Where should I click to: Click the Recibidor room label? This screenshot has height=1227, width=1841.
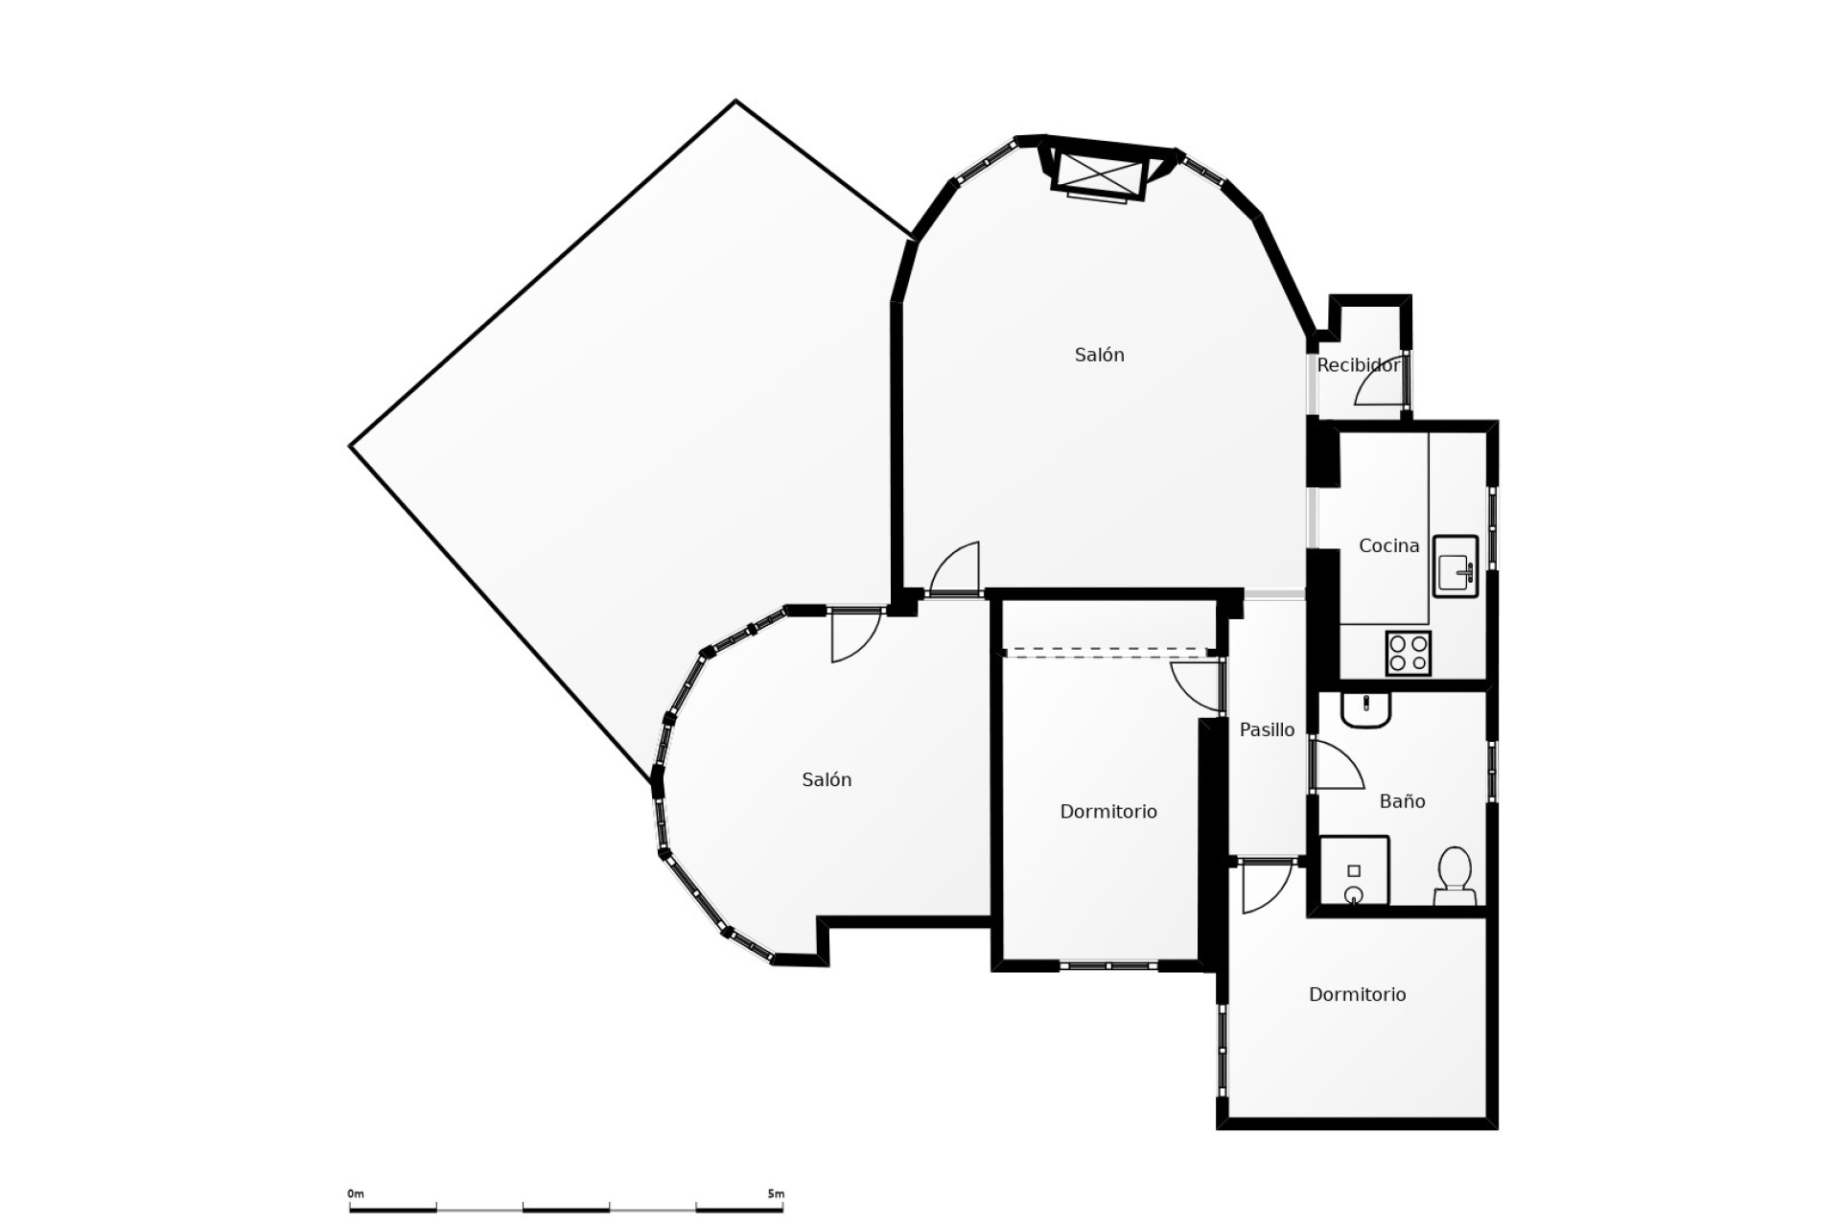[x=1358, y=365]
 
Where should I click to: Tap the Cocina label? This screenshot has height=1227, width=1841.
[x=1388, y=545]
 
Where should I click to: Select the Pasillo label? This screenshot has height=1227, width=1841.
[x=1267, y=729]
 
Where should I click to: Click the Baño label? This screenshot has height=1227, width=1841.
[x=1402, y=801]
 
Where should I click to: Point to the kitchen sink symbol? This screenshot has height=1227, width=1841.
[x=1456, y=567]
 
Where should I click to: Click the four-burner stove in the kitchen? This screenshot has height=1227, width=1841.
[x=1408, y=653]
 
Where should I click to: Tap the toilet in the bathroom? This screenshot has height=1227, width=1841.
[x=1455, y=874]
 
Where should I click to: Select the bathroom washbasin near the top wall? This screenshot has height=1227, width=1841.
[x=1365, y=709]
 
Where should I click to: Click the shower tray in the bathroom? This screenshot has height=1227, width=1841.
[x=1354, y=870]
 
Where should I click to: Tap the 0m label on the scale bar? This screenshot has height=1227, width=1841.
[x=356, y=1193]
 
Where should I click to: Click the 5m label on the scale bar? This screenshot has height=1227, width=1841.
[x=776, y=1193]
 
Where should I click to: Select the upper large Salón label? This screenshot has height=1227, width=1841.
[x=1099, y=355]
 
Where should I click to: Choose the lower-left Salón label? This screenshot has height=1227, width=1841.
[x=827, y=780]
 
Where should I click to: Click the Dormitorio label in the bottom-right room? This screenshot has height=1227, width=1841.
[x=1357, y=995]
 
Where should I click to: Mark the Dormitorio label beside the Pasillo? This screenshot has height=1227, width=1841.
[x=1107, y=812]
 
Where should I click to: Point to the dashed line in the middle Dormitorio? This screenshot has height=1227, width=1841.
[x=1103, y=653]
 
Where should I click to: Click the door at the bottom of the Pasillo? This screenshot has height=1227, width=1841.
[x=1266, y=887]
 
